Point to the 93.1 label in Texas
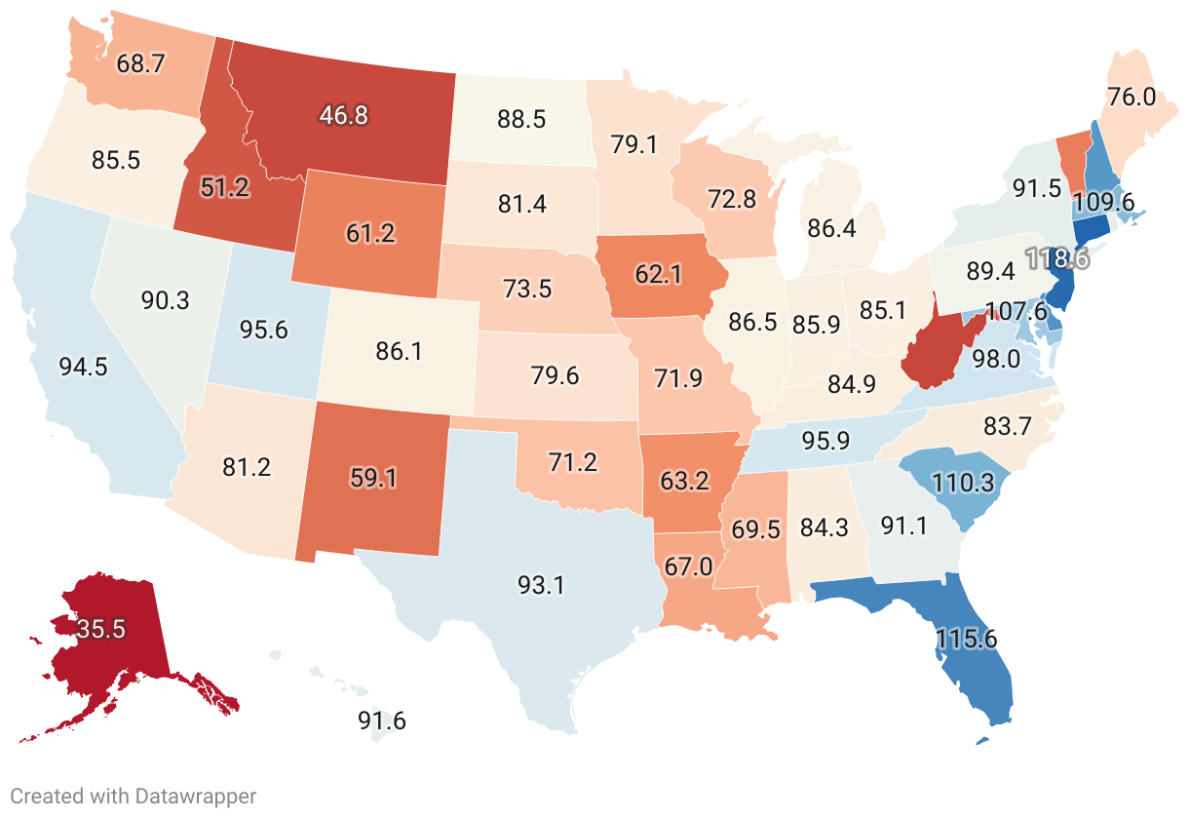[x=541, y=585]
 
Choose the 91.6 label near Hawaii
[x=382, y=721]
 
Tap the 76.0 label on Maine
[x=1131, y=97]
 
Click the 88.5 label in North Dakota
[x=521, y=120]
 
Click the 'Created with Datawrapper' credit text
[x=134, y=796]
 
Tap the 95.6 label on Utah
[x=263, y=330]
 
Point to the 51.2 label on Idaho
[x=225, y=187]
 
